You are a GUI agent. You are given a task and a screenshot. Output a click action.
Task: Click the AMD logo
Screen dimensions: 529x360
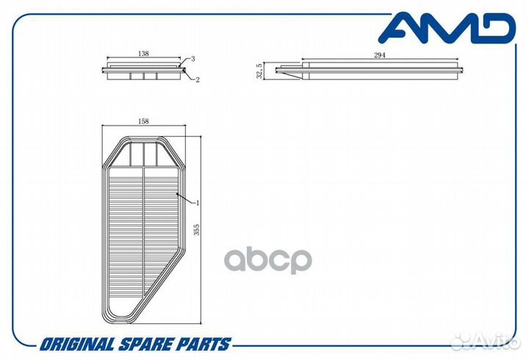pyautogui.click(x=447, y=28)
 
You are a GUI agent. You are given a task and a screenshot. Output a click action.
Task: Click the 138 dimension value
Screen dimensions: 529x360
pyautogui.click(x=143, y=54)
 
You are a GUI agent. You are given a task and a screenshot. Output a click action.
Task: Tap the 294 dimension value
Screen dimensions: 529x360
pyautogui.click(x=380, y=55)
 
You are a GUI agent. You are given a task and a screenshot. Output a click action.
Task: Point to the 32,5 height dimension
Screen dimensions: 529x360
pyautogui.click(x=259, y=71)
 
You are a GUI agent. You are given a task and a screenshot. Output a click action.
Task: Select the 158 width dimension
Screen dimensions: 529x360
pyautogui.click(x=143, y=121)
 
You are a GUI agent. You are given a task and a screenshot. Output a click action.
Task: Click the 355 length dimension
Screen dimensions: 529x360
pyautogui.click(x=196, y=229)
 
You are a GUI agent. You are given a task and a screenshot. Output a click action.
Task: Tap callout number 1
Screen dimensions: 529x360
pyautogui.click(x=198, y=203)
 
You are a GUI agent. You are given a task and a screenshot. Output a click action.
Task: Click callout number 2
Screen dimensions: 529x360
pyautogui.click(x=198, y=79)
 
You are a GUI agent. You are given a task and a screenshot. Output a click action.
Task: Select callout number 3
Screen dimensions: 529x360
pyautogui.click(x=193, y=59)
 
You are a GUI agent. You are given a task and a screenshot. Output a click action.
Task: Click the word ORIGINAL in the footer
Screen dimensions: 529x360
pyautogui.click(x=77, y=345)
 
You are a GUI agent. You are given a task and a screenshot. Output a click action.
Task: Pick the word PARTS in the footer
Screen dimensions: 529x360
pyautogui.click(x=205, y=345)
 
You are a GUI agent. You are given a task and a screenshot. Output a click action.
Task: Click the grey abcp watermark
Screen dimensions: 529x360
pyautogui.click(x=268, y=260)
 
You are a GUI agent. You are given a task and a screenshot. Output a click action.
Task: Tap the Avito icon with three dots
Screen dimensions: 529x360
pyautogui.click(x=461, y=342)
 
